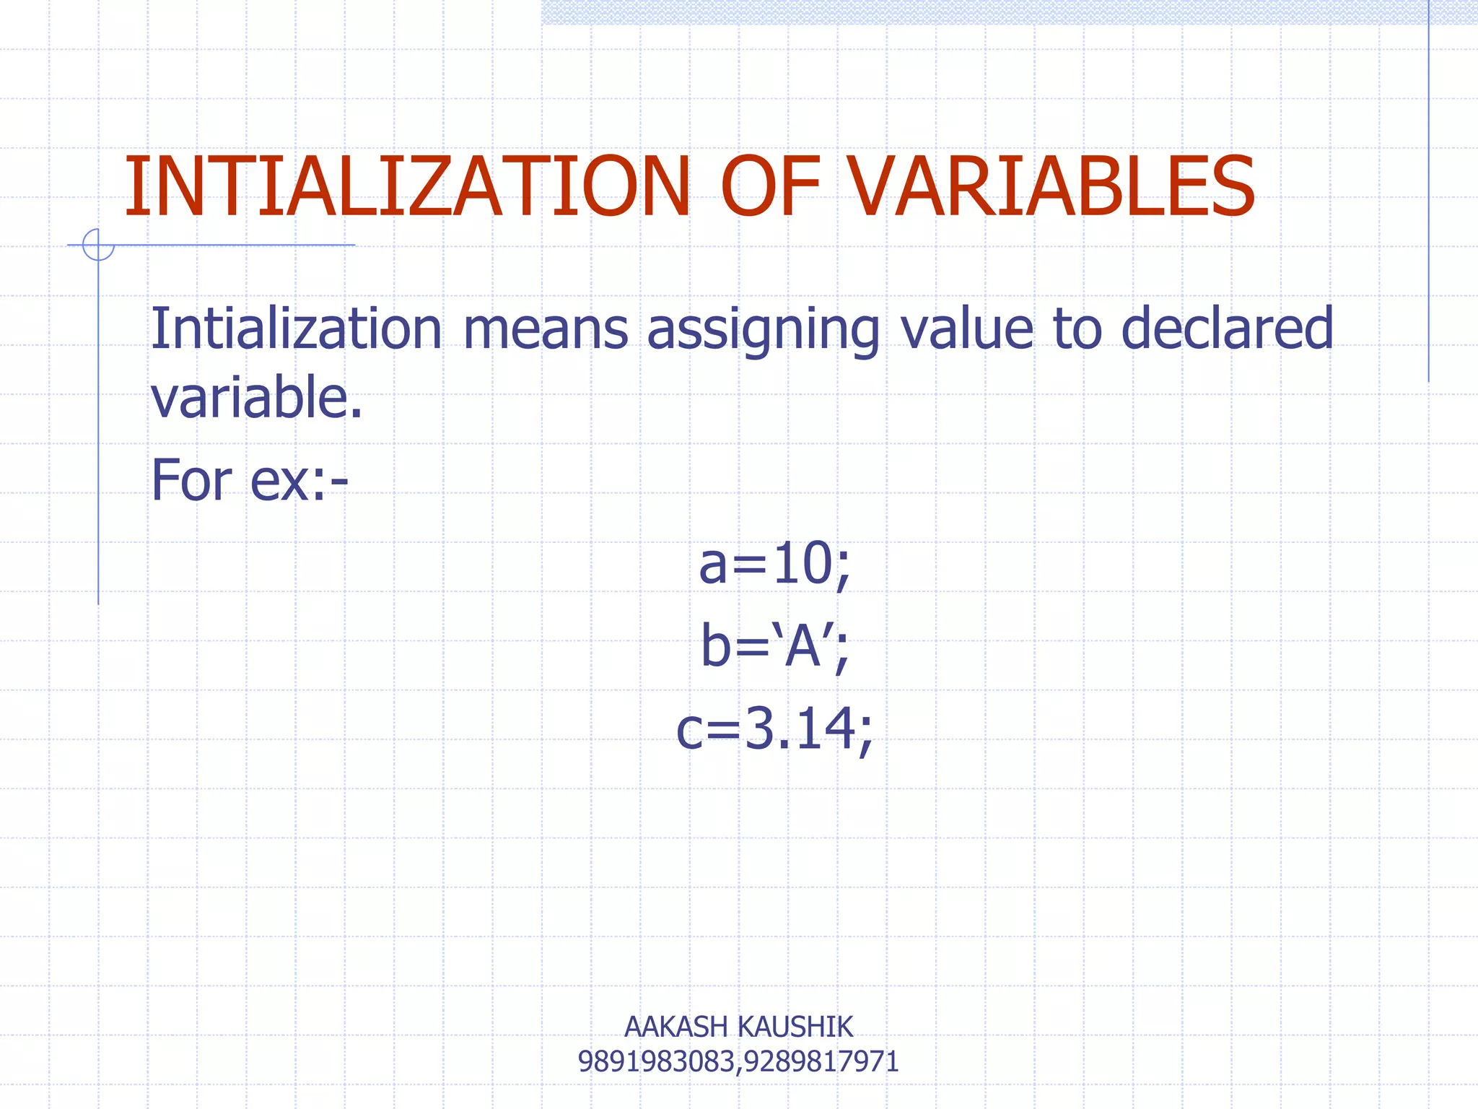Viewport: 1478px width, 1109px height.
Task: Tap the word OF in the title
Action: [769, 187]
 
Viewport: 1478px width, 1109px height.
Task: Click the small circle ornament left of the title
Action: [97, 245]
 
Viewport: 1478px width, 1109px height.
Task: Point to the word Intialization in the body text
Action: [296, 329]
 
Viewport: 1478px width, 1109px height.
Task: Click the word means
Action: [546, 329]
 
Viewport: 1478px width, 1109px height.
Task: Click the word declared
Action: [1227, 329]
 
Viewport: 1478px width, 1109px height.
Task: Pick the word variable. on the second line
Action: [256, 397]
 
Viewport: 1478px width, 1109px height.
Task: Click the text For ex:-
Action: [249, 480]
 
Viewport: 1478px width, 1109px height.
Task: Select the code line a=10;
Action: [774, 565]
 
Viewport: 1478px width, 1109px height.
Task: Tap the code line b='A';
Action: [774, 647]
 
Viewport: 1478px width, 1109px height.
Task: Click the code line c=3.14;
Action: [774, 729]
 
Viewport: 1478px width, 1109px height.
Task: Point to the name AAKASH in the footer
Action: [675, 1027]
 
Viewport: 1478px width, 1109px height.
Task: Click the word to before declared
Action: [1077, 329]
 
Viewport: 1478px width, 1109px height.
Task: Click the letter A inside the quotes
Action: [803, 647]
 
